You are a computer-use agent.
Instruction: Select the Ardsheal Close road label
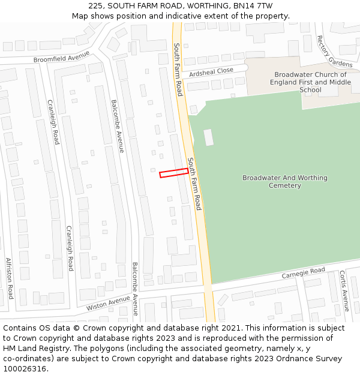point(211,71)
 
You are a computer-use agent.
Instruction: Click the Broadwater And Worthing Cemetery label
point(285,182)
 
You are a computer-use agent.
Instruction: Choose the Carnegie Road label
point(304,274)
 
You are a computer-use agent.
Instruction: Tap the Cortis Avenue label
point(344,287)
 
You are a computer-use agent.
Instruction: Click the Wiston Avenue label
point(108,302)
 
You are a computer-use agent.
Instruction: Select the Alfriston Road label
point(10,278)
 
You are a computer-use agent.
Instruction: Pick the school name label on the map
point(310,82)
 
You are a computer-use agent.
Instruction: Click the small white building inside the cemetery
point(209,137)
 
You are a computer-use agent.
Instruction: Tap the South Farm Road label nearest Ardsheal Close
point(178,69)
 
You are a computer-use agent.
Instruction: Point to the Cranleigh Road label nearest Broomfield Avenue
point(53,122)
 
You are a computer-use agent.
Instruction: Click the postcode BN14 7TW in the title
point(255,5)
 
